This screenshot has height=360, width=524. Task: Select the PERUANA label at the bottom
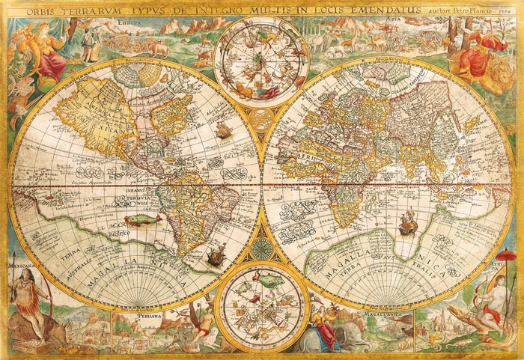point(149,315)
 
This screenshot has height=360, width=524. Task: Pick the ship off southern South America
point(215,258)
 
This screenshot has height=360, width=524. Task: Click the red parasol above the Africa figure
point(507,259)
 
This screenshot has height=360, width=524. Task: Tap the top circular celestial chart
point(262,60)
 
